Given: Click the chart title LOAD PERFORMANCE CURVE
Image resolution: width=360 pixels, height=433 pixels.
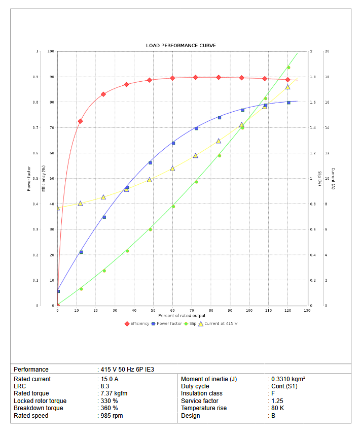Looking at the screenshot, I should (181, 46).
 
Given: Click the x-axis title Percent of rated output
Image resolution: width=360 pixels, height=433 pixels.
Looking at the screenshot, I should (182, 316).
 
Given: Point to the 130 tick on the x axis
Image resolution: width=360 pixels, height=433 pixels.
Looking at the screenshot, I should (307, 310).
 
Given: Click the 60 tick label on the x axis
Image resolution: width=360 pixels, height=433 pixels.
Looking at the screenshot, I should (172, 310).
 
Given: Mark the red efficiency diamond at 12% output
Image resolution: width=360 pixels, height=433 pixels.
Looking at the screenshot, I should (80, 121).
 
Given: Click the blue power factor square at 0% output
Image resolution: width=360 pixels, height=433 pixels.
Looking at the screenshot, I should (58, 291).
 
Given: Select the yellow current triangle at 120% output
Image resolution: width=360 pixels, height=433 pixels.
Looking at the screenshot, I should (287, 87).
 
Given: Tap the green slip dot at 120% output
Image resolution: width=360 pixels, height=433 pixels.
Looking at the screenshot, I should (289, 68).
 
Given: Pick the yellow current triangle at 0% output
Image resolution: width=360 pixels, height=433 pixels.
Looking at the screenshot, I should (58, 208).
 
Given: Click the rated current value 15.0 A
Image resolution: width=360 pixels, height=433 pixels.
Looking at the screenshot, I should (110, 379).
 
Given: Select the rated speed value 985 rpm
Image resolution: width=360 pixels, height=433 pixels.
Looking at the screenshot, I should (112, 416).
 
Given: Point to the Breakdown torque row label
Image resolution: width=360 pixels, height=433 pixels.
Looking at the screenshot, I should (39, 408).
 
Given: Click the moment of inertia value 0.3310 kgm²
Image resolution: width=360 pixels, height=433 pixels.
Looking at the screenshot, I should (288, 379).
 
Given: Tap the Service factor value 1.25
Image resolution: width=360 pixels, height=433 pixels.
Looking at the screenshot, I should (278, 401).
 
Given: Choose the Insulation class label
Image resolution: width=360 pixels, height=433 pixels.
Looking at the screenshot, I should (202, 393).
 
